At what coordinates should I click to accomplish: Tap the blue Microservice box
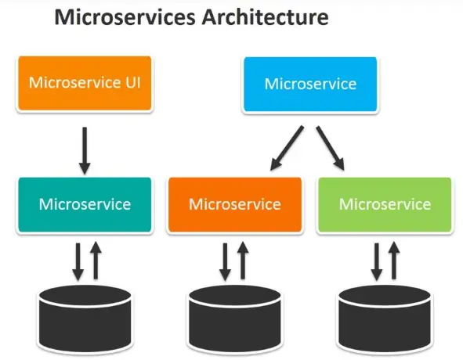pos(310,84)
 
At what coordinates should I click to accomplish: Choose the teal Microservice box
pos(85,205)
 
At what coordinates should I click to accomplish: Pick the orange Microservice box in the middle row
pos(234,205)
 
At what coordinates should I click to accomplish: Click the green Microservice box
pos(384,205)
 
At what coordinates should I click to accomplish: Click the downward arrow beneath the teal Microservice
pos(77,261)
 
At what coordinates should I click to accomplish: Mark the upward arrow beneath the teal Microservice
pos(95,260)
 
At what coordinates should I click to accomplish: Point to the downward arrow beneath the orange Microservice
pos(226,261)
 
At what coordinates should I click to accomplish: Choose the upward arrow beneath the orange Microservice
pos(244,260)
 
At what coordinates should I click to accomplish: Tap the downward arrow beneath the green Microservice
pos(376,261)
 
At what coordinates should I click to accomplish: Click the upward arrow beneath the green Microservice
pos(394,260)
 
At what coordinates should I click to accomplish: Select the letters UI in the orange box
pos(132,83)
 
